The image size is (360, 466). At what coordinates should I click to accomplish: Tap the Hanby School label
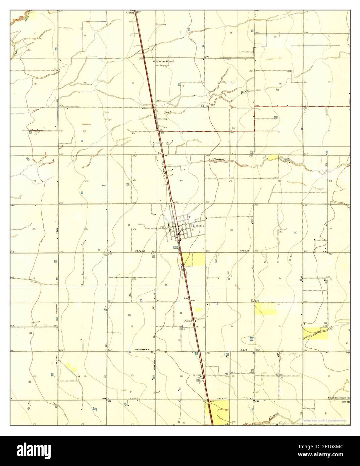pyautogui.click(x=165, y=62)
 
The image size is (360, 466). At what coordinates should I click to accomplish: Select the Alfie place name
pyautogui.click(x=188, y=321)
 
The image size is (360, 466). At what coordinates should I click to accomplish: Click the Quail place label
pyautogui.click(x=197, y=375)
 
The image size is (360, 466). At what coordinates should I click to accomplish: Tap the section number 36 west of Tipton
pyautogui.click(x=134, y=229)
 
